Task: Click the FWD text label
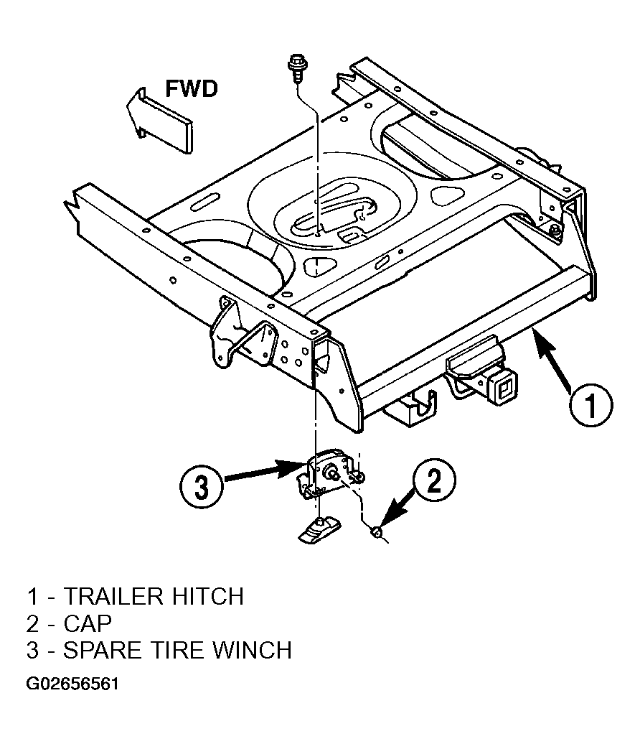click(192, 89)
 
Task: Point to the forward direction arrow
click(160, 119)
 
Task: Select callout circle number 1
click(590, 405)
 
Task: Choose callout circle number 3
click(202, 487)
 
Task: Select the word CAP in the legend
click(88, 623)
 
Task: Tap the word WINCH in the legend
click(251, 650)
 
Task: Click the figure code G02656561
click(72, 684)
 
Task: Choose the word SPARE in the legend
click(103, 650)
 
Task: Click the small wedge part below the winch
click(319, 529)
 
